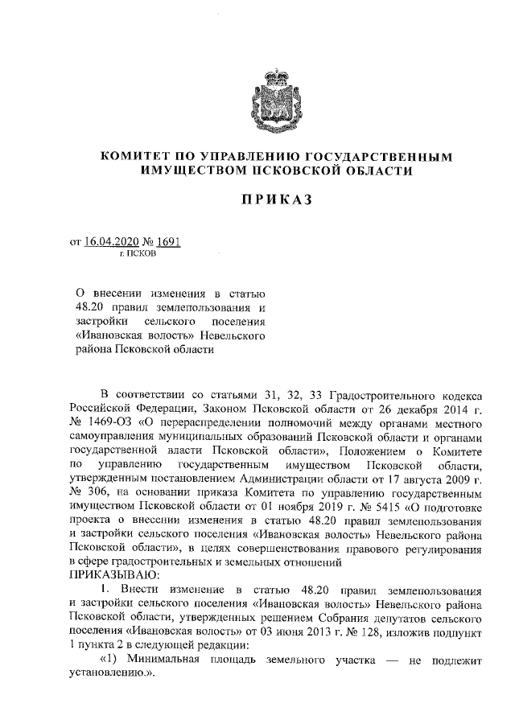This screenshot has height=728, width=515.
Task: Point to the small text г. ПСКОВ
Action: [137, 253]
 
